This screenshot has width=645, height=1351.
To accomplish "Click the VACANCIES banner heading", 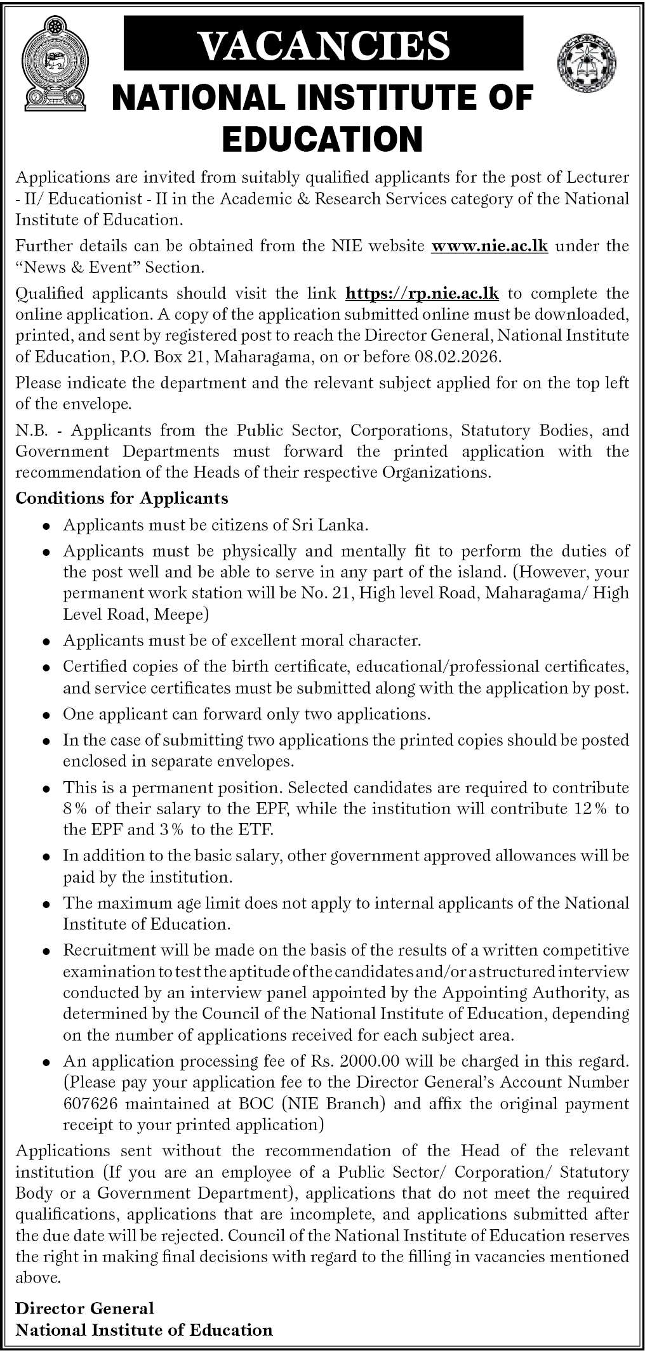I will tap(324, 44).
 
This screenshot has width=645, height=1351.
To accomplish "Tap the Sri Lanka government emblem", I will tap(53, 63).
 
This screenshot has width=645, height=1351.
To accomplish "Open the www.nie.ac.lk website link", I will tap(489, 246).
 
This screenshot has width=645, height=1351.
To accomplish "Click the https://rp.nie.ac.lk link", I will tap(423, 293).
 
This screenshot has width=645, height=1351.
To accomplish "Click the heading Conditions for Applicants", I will tap(122, 498).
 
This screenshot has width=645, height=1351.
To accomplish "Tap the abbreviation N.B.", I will tap(30, 430).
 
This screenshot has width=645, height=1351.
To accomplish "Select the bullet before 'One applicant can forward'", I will tap(46, 715).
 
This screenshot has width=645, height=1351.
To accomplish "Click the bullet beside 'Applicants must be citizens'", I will tap(46, 526).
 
